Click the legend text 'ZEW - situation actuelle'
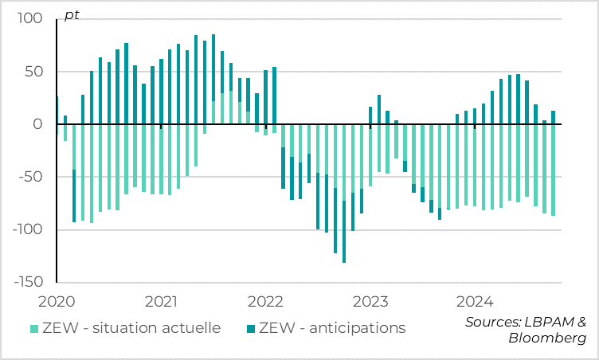[131, 327]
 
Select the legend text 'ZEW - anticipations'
[333, 327]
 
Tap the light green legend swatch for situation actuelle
[34, 328]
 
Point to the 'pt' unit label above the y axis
[72, 15]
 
